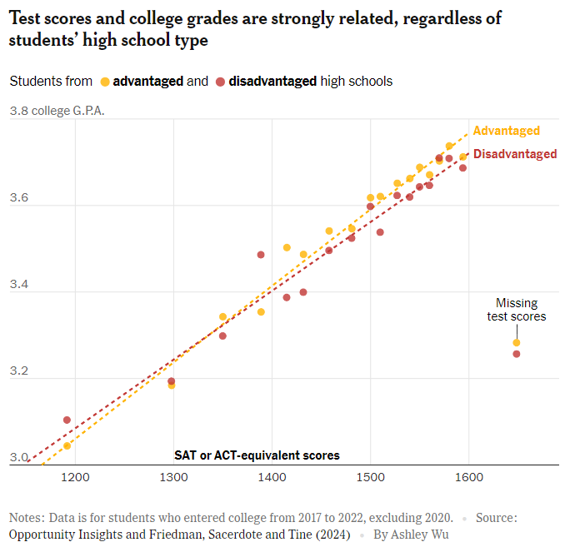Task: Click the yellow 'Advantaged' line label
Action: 506,131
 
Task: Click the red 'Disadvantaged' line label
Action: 515,154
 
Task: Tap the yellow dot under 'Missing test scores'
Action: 517,343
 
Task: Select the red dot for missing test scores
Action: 517,354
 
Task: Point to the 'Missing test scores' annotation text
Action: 517,310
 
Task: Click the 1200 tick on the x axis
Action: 75,478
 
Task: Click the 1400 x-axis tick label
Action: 272,478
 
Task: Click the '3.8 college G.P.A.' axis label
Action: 57,111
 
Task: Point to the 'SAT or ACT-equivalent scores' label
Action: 257,455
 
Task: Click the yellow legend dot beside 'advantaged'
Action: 105,82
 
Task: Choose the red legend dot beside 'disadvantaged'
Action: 220,82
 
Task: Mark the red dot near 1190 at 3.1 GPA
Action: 67,420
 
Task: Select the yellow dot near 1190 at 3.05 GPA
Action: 67,445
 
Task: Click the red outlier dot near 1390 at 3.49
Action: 261,255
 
